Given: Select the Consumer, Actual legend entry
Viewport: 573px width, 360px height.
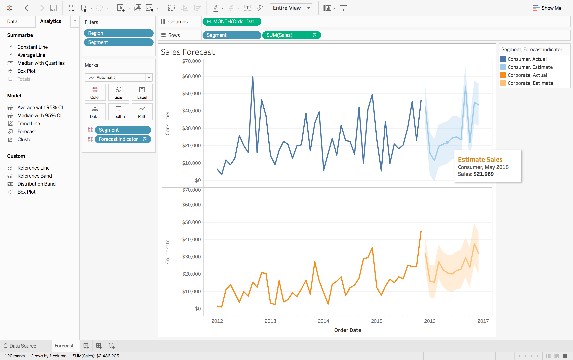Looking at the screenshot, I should (524, 58).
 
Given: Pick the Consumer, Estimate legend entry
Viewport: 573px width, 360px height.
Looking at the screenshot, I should (526, 66).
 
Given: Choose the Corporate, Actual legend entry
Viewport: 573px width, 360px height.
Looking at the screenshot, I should (525, 75).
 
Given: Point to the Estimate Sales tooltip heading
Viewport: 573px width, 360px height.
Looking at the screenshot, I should (479, 159).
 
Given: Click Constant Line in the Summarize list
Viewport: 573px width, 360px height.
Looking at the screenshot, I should (32, 47).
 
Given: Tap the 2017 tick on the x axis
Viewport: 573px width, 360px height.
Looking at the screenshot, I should (482, 321).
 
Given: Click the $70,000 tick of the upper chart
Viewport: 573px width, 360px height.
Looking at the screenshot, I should (194, 60).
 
